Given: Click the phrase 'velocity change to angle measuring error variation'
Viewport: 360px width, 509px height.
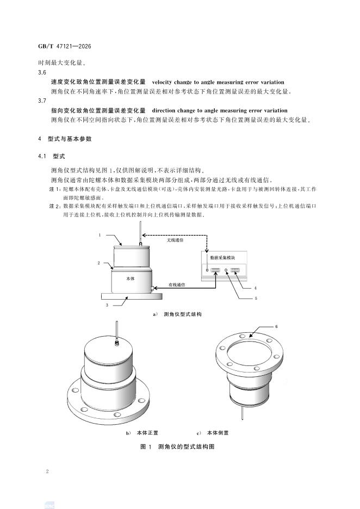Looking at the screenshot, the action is pyautogui.click(x=215, y=81).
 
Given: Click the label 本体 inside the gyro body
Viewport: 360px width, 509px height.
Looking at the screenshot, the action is pyautogui.click(x=130, y=278).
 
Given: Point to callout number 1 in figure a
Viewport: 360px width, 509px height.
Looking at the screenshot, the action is pyautogui.click(x=100, y=235).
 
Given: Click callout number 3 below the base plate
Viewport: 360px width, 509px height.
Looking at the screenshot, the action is pyautogui.click(x=107, y=306).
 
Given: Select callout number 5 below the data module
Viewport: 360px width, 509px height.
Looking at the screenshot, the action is pyautogui.click(x=256, y=297).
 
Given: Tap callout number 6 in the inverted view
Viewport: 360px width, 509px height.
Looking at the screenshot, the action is pyautogui.click(x=276, y=326).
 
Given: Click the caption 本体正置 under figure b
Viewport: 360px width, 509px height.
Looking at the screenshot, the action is pyautogui.click(x=144, y=433).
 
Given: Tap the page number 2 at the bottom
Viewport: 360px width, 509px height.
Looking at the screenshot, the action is pyautogui.click(x=48, y=471).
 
